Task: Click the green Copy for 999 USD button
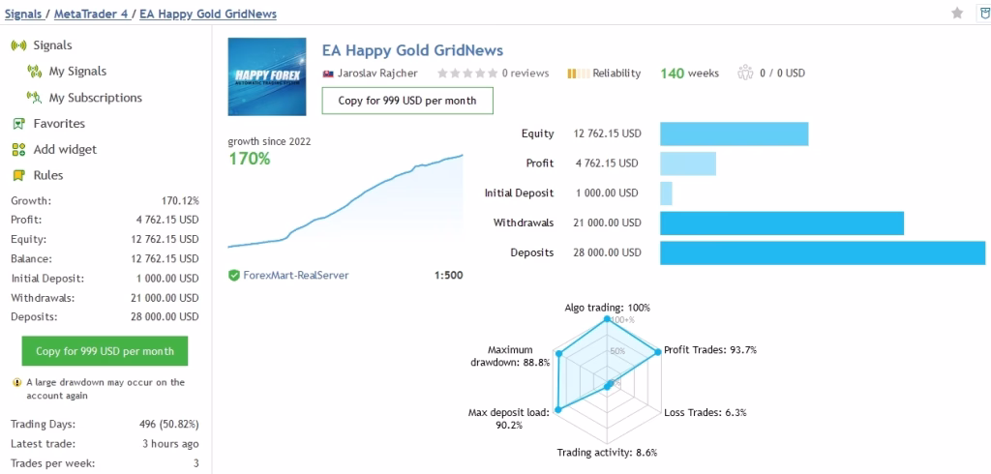pos(105,351)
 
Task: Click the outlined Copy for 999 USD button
pos(406,101)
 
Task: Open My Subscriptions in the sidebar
pos(95,98)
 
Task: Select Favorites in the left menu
pos(59,124)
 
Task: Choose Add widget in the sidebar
pos(65,150)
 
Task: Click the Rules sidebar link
pos(47,175)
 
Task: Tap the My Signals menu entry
pos(77,72)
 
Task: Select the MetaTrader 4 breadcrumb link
pos(95,14)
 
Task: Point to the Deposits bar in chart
pos(822,252)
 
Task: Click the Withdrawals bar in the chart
pos(781,222)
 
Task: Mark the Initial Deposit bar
pos(666,193)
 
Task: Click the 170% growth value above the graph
pos(249,159)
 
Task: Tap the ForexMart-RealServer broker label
pos(295,276)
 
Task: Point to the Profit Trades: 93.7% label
pos(709,350)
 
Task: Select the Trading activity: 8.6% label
pos(607,453)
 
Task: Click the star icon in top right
pos(957,13)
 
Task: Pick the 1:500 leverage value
pos(448,276)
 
